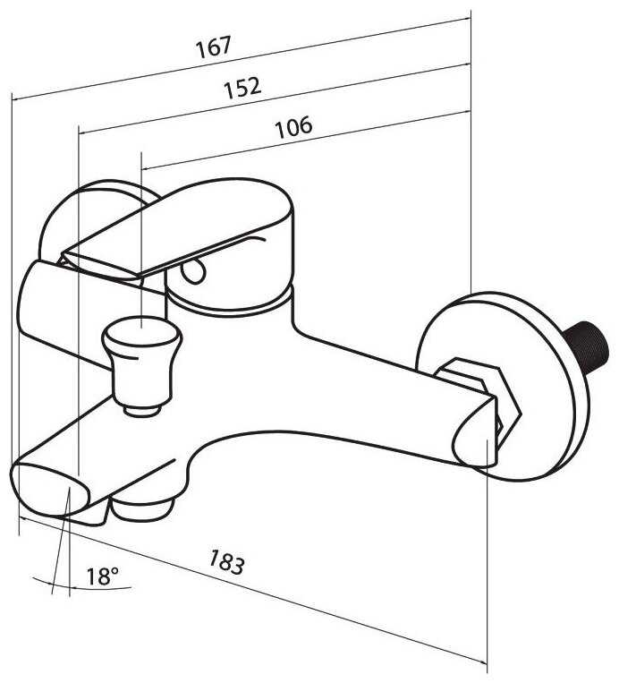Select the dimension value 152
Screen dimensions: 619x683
[x=242, y=88]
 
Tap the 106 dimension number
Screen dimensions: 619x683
[x=293, y=127]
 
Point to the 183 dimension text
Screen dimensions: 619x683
[x=226, y=561]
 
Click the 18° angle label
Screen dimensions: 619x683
[x=103, y=576]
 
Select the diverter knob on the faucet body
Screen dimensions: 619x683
[x=141, y=358]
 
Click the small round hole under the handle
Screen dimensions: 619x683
[x=193, y=271]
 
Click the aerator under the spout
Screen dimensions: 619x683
[x=141, y=508]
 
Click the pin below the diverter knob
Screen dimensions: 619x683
[x=142, y=409]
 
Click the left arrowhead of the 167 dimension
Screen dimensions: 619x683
[x=17, y=98]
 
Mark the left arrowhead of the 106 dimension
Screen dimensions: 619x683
[x=148, y=166]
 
